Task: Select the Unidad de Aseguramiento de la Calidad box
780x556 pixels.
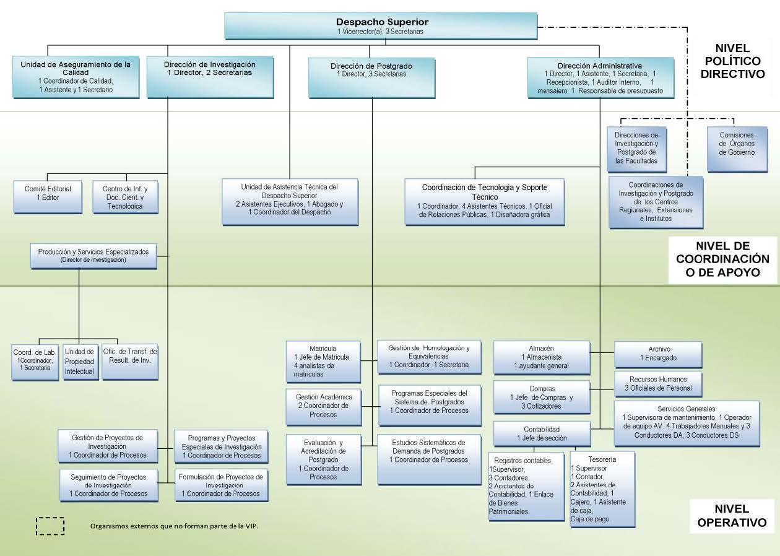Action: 76,77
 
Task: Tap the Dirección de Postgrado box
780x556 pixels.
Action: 371,77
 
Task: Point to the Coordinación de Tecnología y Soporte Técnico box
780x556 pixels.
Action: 484,201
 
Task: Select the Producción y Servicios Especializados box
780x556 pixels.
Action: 93,256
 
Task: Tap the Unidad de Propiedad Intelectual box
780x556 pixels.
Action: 80,361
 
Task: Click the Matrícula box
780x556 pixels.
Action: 323,361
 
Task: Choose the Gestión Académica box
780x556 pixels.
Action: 324,406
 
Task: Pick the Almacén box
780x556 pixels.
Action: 541,357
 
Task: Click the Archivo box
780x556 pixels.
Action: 658,354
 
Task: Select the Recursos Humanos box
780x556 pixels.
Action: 658,383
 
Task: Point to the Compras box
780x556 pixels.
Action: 541,397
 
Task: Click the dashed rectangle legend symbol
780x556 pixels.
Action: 50,526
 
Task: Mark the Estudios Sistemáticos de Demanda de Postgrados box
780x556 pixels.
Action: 429,459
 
